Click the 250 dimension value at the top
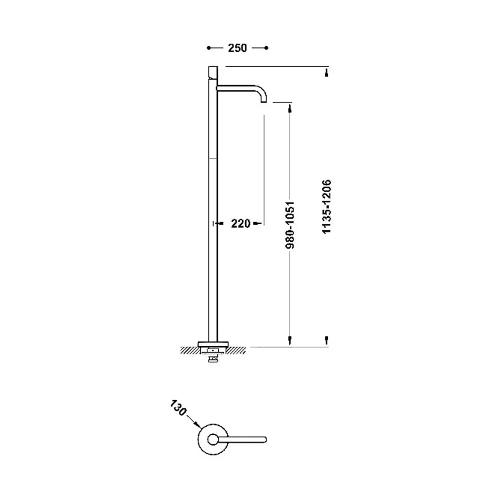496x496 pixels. tap(237, 48)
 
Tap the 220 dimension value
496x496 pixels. tap(241, 224)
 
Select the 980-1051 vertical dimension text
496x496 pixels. tap(290, 225)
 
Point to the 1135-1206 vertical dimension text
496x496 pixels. tap(326, 207)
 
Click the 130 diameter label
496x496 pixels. tap(178, 408)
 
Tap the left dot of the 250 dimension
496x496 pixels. tap(209, 48)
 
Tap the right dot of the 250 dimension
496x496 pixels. tap(266, 48)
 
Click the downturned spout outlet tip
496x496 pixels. tap(264, 101)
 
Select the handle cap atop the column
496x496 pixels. tap(213, 72)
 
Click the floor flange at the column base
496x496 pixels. tap(213, 344)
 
